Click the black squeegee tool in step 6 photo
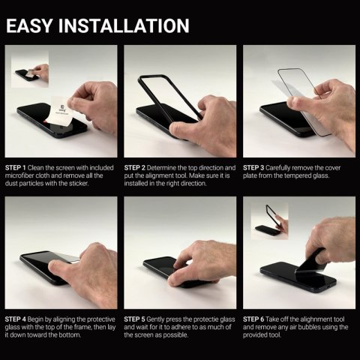click(314, 262)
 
